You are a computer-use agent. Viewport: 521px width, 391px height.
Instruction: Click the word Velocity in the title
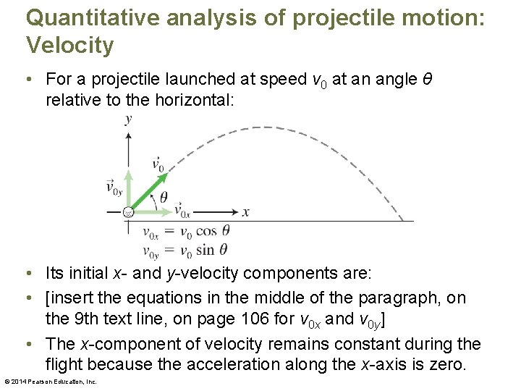tap(70, 46)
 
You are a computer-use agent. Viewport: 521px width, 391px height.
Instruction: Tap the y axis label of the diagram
tap(128, 119)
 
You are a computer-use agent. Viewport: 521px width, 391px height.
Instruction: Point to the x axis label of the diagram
tap(246, 211)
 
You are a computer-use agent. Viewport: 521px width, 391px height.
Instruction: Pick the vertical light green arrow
tap(128, 190)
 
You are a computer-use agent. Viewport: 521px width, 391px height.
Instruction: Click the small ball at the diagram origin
tap(128, 211)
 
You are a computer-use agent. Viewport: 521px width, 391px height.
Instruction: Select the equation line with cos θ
tap(186, 232)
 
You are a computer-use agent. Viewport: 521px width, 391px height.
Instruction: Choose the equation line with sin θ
tap(186, 251)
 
